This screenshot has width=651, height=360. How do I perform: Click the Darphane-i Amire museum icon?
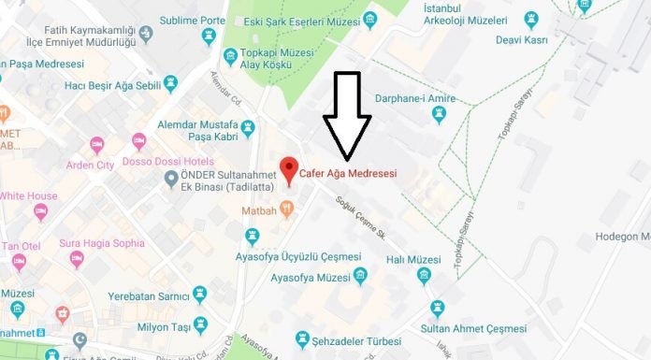[438, 114]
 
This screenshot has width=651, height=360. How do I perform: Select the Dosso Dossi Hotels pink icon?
[139, 142]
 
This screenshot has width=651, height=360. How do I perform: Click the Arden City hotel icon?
[97, 145]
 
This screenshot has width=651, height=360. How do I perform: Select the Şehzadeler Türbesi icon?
[302, 338]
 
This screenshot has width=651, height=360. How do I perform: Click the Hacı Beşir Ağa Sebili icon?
[170, 84]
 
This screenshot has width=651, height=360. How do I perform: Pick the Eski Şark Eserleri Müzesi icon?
[371, 19]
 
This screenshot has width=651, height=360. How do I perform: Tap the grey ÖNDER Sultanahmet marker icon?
[170, 180]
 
